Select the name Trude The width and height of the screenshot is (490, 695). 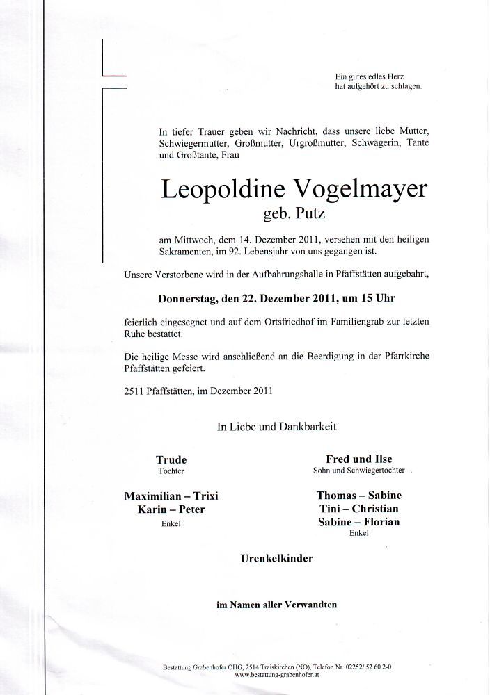pos(171,459)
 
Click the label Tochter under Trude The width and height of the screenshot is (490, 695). pos(171,471)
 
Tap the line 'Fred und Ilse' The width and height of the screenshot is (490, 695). pos(358,459)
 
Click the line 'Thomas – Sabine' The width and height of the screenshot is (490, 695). pos(358,496)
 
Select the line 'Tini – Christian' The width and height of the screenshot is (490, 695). pos(358,509)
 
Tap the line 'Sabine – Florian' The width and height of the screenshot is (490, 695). pos(358,523)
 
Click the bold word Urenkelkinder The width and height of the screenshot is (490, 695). pos(277,558)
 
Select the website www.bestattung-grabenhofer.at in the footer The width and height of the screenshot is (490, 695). pos(282,674)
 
